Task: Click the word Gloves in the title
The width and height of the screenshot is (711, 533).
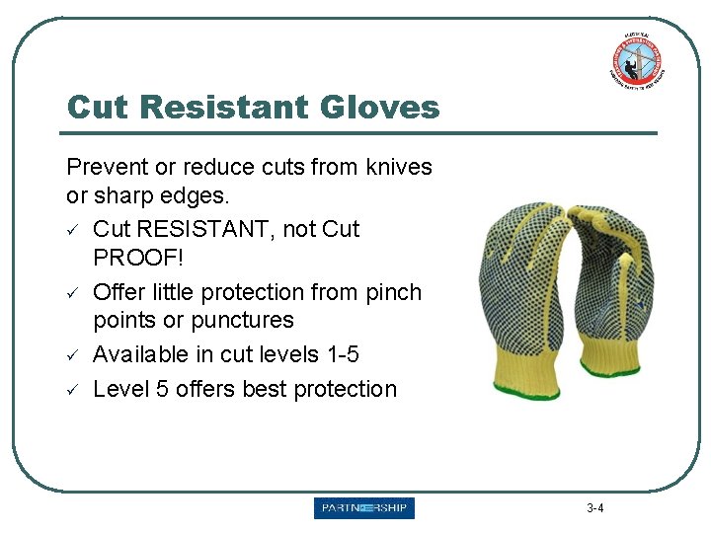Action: tap(380, 107)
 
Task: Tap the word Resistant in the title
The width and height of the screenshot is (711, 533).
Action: tap(217, 107)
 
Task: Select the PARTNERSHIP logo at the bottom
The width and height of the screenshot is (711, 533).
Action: tap(364, 508)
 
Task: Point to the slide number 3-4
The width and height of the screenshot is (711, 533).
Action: tap(594, 509)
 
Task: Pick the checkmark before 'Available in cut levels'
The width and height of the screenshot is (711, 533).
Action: tap(73, 355)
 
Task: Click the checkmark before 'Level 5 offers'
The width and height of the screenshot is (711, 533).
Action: tap(73, 389)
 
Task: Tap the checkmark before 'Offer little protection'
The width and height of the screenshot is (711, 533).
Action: tap(73, 293)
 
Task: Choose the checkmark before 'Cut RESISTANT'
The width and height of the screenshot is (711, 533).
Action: tap(73, 230)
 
